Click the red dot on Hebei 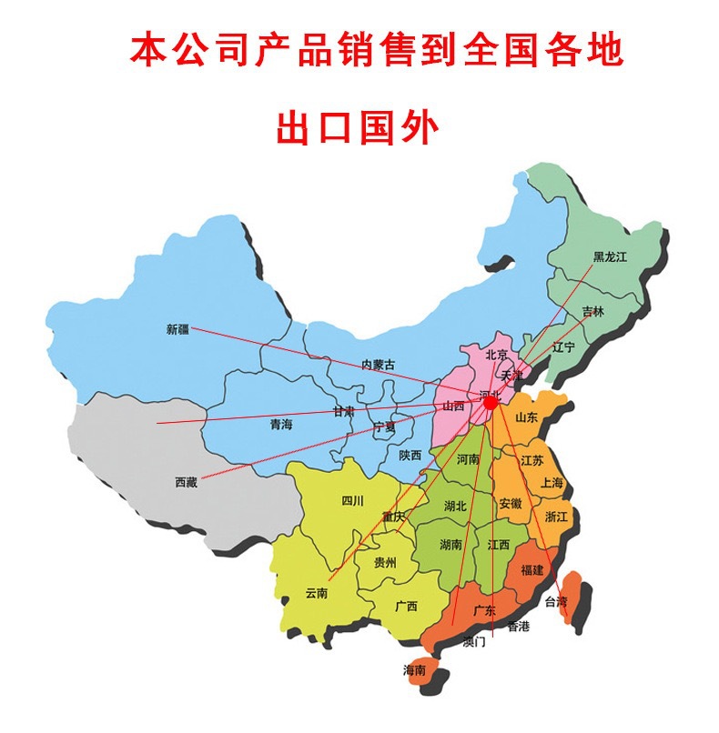(x=491, y=401)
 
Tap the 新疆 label (x=177, y=328)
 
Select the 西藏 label (x=186, y=482)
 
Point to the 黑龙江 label (x=611, y=256)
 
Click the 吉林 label (x=592, y=312)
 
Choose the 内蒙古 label (x=379, y=364)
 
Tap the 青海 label (x=281, y=424)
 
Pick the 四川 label (x=352, y=500)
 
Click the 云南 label (x=316, y=593)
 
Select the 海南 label (x=414, y=669)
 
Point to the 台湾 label (x=555, y=601)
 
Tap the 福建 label (x=532, y=569)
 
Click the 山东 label (x=527, y=417)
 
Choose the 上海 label (x=552, y=483)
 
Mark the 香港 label (x=518, y=626)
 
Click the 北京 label (x=496, y=355)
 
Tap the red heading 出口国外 (x=358, y=128)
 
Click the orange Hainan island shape (x=420, y=671)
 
